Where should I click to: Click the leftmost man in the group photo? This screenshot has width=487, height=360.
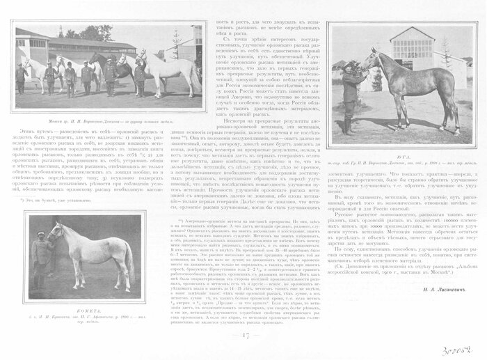click(x=21, y=78)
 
